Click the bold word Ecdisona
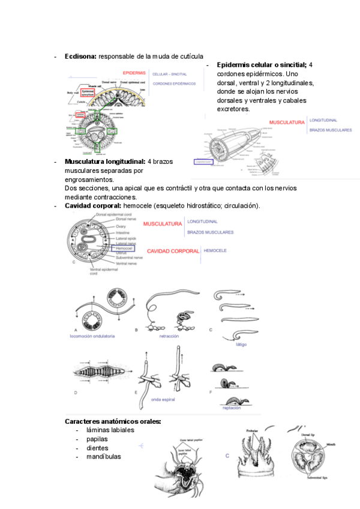[x=80, y=56]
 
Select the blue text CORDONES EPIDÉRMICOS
[x=175, y=84]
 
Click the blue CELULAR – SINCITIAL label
[x=170, y=74]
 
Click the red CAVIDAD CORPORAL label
[x=173, y=251]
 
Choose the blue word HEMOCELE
[x=215, y=250]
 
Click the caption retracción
[x=169, y=337]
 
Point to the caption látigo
[x=242, y=345]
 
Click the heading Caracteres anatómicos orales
[x=113, y=421]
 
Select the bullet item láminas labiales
[x=110, y=430]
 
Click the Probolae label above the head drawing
[x=252, y=430]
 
